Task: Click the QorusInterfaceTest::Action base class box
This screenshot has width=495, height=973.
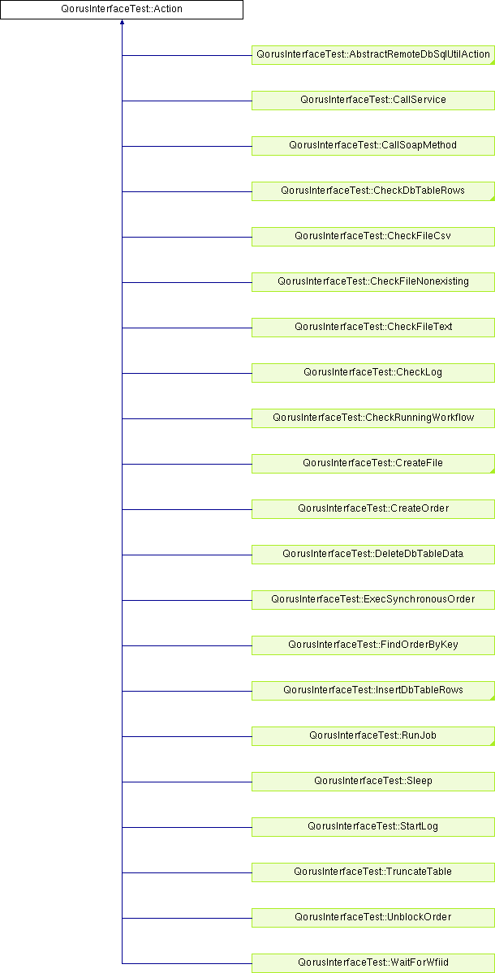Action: click(122, 10)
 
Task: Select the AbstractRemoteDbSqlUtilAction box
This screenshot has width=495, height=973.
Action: click(373, 55)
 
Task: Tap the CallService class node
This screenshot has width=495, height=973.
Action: click(373, 101)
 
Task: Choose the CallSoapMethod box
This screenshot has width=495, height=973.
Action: click(373, 146)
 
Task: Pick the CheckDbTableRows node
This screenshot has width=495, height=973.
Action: click(373, 191)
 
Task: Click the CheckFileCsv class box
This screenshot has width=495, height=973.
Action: click(373, 237)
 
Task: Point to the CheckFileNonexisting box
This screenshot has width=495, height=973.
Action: click(373, 282)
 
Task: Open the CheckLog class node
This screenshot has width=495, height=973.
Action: click(373, 373)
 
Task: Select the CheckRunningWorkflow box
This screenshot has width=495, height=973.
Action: click(373, 418)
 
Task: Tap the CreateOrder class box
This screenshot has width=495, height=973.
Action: click(373, 509)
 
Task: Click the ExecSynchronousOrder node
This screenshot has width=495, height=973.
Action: click(373, 600)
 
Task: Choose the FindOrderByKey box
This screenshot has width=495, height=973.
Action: click(373, 645)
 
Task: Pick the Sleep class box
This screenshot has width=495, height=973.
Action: click(373, 782)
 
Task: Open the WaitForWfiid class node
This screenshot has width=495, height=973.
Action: click(373, 963)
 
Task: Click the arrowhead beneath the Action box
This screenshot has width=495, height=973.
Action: click(122, 22)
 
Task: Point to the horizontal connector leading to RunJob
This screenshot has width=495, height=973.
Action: click(187, 736)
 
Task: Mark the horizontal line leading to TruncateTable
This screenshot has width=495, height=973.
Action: click(187, 872)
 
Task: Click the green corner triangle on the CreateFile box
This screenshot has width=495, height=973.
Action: click(493, 471)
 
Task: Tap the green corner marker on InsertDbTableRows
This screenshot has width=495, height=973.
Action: click(493, 697)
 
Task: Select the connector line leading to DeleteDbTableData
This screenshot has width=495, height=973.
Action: click(187, 555)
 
